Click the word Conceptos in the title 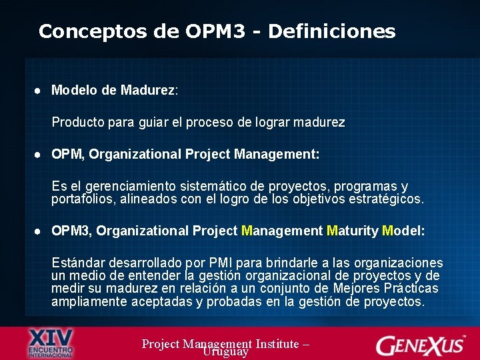tap(79, 31)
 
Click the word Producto tap(77, 123)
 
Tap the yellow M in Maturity tap(333, 231)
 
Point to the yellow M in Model tap(388, 231)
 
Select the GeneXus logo tap(421, 345)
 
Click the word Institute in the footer tap(274, 343)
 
